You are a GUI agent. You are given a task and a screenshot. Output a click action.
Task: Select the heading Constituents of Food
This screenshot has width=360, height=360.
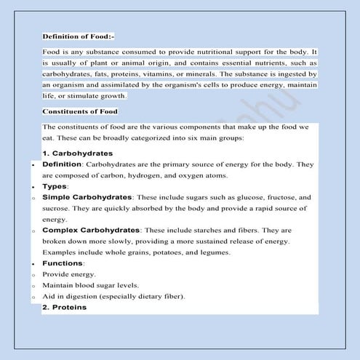click(80, 111)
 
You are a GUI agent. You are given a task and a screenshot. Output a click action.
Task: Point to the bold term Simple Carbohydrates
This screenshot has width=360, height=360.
click(87, 197)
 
